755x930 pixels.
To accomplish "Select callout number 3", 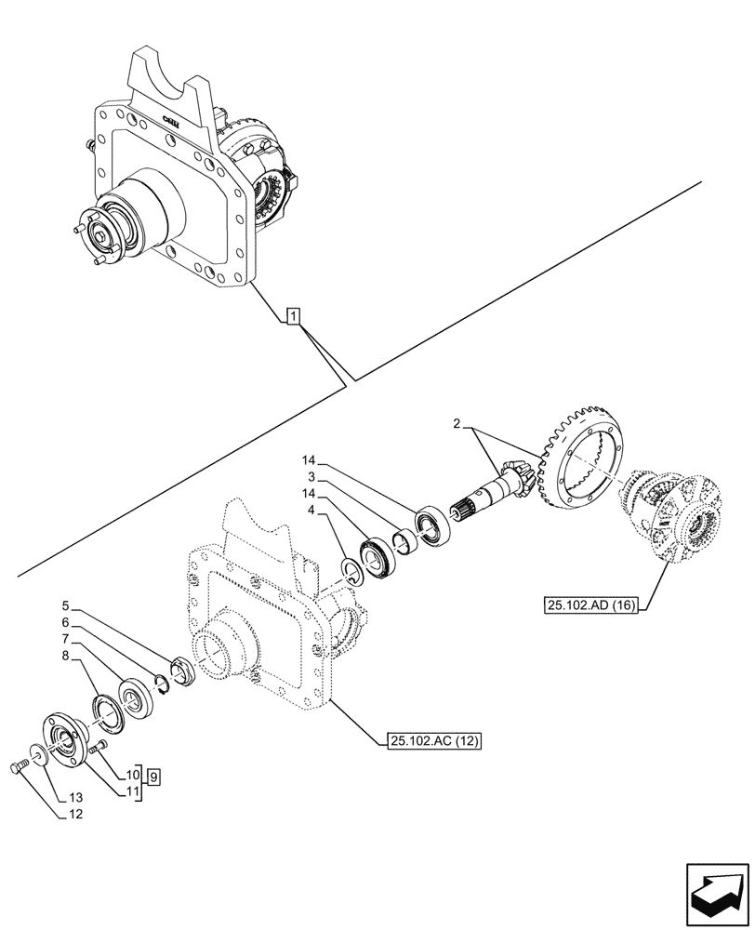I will [313, 477].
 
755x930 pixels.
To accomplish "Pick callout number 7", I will [66, 639].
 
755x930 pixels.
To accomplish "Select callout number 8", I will [66, 657].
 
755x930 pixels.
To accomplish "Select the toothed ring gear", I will [576, 460].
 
